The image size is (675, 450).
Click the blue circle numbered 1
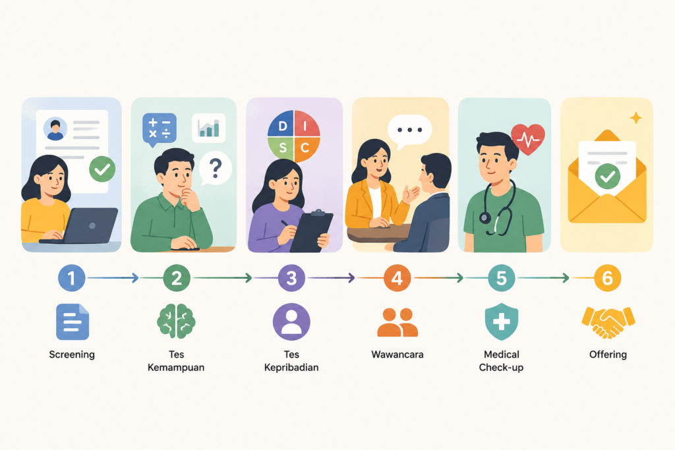point(71,278)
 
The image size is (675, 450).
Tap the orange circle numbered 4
point(396,278)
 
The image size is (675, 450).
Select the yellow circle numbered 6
point(607,278)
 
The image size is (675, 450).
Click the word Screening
point(72,354)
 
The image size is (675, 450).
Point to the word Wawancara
point(397,354)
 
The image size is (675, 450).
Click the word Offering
point(608,354)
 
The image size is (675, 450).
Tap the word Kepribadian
point(291,368)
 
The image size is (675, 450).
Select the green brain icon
point(176,322)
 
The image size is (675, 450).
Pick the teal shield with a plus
point(502,322)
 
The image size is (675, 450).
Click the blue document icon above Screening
point(73,322)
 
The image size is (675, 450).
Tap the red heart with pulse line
point(528,138)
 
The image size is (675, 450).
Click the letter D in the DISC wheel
point(282,126)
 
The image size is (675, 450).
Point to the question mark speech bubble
point(216,168)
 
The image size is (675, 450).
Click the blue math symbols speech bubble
point(160,129)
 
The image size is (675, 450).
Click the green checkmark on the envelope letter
point(607,177)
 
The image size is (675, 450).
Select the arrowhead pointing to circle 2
point(135,278)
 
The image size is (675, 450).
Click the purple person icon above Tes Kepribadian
point(291,322)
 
